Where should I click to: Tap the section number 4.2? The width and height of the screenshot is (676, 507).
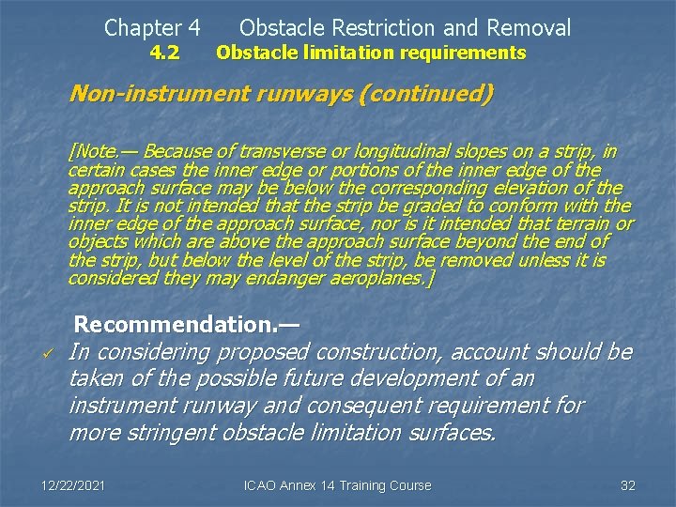165,53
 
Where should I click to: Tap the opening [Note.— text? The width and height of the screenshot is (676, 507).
104,151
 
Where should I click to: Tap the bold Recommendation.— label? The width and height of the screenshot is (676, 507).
186,325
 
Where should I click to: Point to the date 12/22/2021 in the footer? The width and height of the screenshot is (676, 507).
71,485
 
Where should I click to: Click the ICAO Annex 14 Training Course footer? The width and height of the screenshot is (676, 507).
337,485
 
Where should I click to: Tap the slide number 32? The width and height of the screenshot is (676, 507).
628,485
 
